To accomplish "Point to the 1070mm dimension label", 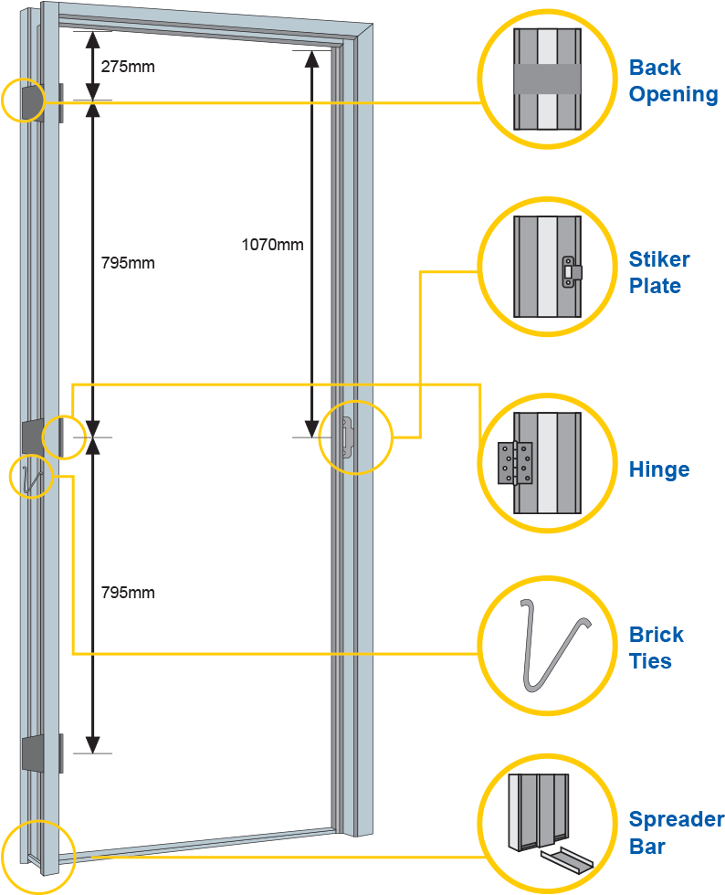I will point(272,245).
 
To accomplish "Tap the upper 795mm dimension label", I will point(128,263).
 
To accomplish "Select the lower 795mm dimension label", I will point(128,593).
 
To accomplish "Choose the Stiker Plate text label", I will point(658,272).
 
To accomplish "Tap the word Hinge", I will point(658,469).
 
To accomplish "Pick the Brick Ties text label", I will point(656,648).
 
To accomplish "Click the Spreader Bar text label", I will point(675,832).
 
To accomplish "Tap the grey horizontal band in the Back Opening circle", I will point(546,79).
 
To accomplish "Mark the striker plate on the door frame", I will point(347,436).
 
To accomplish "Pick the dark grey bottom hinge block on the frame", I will point(33,753).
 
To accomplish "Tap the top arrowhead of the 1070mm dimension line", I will point(311,57).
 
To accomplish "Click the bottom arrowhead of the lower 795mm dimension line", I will point(91,745).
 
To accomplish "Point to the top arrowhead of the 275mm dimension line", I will point(91,37).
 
